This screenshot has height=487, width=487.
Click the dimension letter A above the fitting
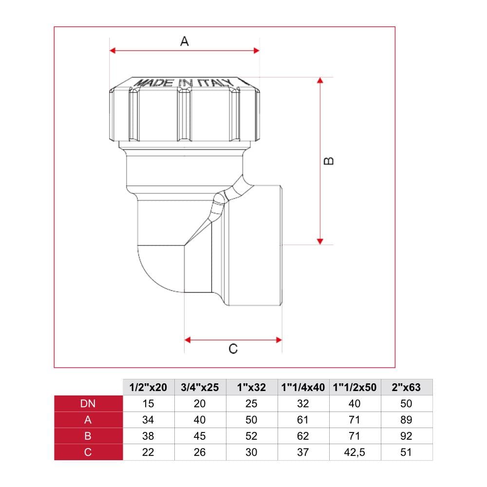pyautogui.click(x=185, y=41)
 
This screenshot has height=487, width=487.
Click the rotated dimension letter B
pyautogui.click(x=329, y=161)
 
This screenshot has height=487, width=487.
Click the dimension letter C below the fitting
pyautogui.click(x=233, y=349)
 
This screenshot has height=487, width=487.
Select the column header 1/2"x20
pyautogui.click(x=148, y=387)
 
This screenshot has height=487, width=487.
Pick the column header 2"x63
pyautogui.click(x=406, y=387)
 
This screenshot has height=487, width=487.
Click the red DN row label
pyautogui.click(x=88, y=403)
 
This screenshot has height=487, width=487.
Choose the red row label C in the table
pyautogui.click(x=88, y=452)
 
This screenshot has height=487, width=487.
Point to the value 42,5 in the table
pyautogui.click(x=355, y=452)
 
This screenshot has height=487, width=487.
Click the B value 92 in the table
pyautogui.click(x=406, y=436)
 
